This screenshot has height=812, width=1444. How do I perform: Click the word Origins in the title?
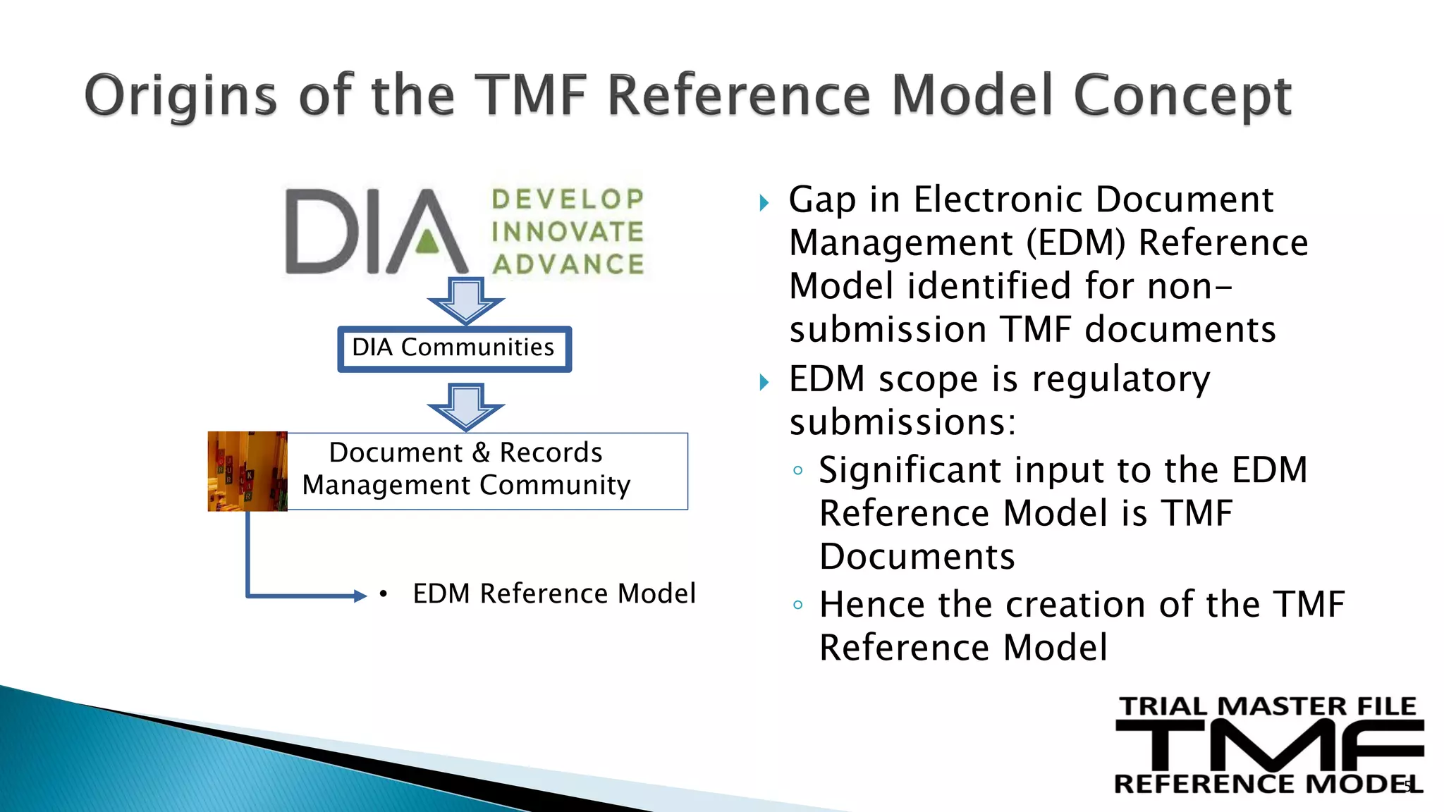pos(180,97)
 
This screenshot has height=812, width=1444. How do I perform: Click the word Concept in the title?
pos(1182,97)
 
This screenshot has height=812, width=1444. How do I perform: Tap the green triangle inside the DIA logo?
pos(427,242)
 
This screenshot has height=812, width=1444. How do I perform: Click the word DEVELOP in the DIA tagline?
pos(568,199)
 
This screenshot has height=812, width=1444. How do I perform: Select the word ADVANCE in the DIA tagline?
pos(568,264)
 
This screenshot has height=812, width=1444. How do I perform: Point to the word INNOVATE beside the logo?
pos(568,232)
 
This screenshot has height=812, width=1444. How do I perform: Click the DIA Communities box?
pos(454,348)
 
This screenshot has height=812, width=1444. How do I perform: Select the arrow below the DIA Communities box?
pos(465,407)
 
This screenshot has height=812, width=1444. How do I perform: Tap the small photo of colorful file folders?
pos(247,471)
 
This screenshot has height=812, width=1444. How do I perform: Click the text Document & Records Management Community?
pos(466,469)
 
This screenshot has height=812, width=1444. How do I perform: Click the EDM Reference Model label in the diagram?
pos(554,593)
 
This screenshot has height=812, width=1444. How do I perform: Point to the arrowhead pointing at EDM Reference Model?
pos(360,596)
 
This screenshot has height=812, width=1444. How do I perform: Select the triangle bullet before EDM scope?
pos(764,383)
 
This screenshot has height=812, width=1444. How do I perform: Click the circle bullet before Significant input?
pos(797,471)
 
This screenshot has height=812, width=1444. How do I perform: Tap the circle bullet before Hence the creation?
pos(797,605)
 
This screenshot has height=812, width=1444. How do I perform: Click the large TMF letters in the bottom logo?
pos(1269,746)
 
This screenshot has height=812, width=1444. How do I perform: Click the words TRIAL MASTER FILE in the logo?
pos(1267,706)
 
